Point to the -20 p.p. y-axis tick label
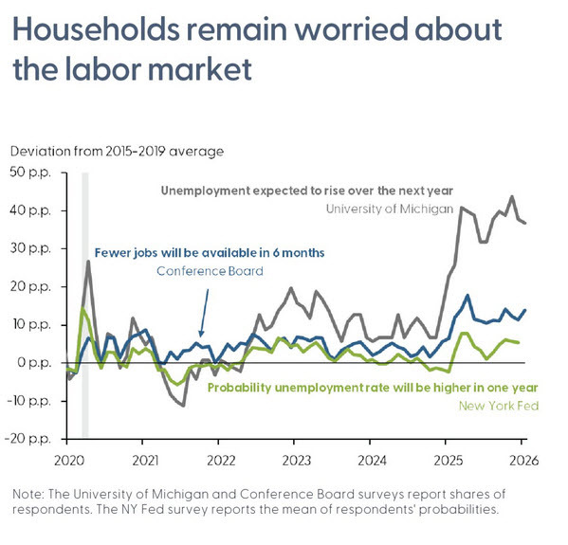30,439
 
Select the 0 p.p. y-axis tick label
35,363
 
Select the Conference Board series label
210,270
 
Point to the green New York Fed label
499,406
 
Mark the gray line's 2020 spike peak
88,261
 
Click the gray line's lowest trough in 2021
183,406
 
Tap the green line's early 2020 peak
82,309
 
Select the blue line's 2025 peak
467,296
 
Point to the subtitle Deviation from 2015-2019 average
118,151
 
